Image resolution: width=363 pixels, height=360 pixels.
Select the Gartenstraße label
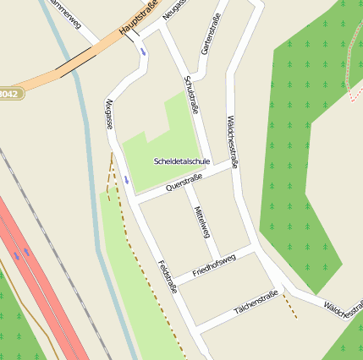coord(212,35)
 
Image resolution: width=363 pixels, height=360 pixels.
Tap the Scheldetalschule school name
coord(182,161)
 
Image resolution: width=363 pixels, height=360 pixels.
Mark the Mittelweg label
coord(201,221)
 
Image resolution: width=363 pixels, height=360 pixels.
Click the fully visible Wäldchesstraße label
coord(231,142)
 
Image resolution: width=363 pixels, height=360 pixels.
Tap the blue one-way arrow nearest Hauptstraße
coord(142,49)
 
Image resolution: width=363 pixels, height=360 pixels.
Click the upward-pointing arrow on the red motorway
coord(28,251)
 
